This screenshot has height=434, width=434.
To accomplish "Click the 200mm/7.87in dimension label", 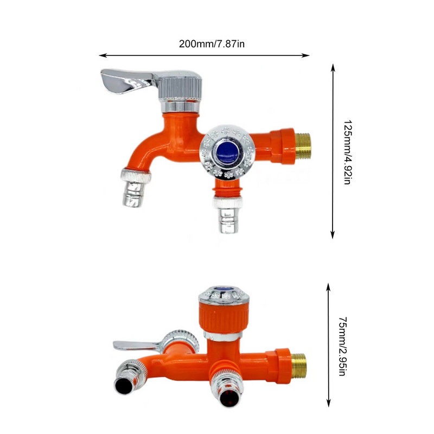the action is pos(212,44).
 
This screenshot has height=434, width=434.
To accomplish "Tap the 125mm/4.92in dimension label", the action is pos(347,152).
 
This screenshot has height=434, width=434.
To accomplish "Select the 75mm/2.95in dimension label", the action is pos(343,346).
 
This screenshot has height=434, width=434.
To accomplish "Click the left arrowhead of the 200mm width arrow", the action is pos(103,55).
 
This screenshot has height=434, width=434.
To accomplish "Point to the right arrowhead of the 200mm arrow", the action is pos(305,55).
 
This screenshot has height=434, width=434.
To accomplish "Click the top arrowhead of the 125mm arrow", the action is pos(333,68).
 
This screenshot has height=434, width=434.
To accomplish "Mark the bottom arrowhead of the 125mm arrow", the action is pos(333,235).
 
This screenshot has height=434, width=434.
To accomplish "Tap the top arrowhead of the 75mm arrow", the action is pos(329,288).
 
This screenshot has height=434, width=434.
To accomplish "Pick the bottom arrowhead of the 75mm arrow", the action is pos(329,403).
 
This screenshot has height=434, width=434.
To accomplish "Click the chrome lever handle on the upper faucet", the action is pos(126,80).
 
